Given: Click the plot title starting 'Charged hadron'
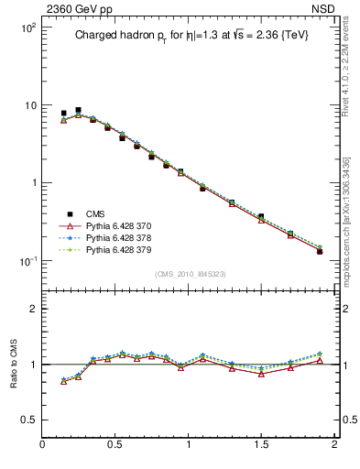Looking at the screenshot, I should click(x=188, y=37).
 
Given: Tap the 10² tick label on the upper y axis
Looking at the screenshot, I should click(x=29, y=28).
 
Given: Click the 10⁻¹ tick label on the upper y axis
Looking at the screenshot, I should click(x=29, y=261).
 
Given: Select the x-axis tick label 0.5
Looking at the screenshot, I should click(x=115, y=444).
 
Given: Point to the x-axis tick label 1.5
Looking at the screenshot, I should click(x=261, y=444).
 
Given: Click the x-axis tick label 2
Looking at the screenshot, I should click(x=334, y=444).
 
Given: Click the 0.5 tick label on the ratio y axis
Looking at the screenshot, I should click(x=29, y=420).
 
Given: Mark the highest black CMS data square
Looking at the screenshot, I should click(x=78, y=110).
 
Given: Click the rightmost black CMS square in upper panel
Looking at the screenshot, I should click(x=320, y=251).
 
